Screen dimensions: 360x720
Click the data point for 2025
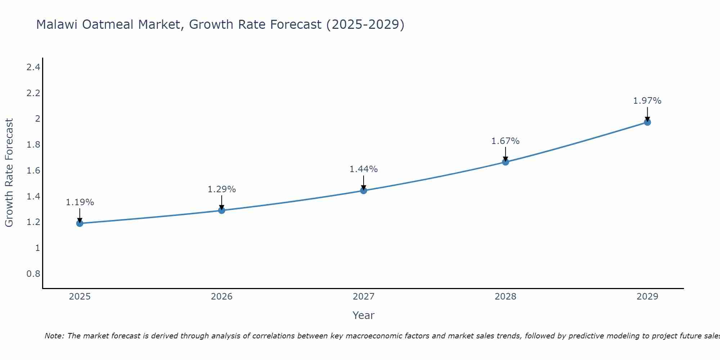(80, 224)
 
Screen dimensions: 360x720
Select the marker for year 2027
(364, 190)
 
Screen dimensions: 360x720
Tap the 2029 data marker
(647, 122)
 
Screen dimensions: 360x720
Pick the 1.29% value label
(222, 189)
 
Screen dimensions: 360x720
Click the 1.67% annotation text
(505, 141)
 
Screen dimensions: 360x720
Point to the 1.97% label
(647, 101)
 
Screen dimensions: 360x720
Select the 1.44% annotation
(364, 169)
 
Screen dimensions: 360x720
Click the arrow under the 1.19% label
(80, 216)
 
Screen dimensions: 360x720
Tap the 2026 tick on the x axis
(222, 297)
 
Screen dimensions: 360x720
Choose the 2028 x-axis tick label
(505, 297)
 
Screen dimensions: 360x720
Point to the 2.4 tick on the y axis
(33, 67)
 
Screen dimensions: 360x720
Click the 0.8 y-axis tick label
(33, 274)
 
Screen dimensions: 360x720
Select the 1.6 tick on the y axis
(33, 171)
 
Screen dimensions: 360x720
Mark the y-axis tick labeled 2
(37, 119)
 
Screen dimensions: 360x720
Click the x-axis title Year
(364, 315)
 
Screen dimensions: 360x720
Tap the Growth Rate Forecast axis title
(9, 173)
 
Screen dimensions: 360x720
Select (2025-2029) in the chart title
(365, 24)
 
